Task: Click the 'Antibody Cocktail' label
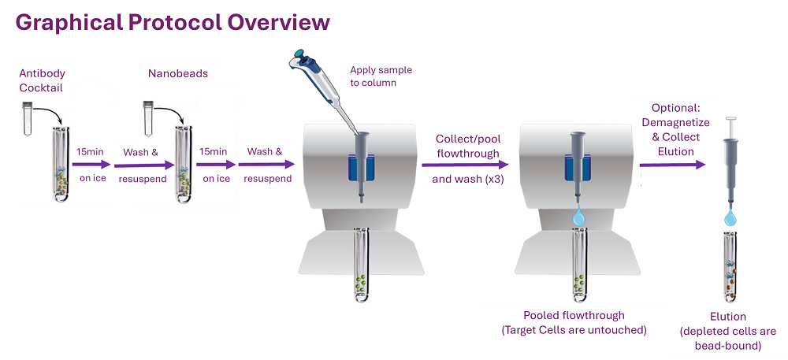pyautogui.click(x=42, y=82)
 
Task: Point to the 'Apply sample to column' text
pyautogui.click(x=381, y=76)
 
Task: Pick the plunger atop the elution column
pyautogui.click(x=730, y=128)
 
